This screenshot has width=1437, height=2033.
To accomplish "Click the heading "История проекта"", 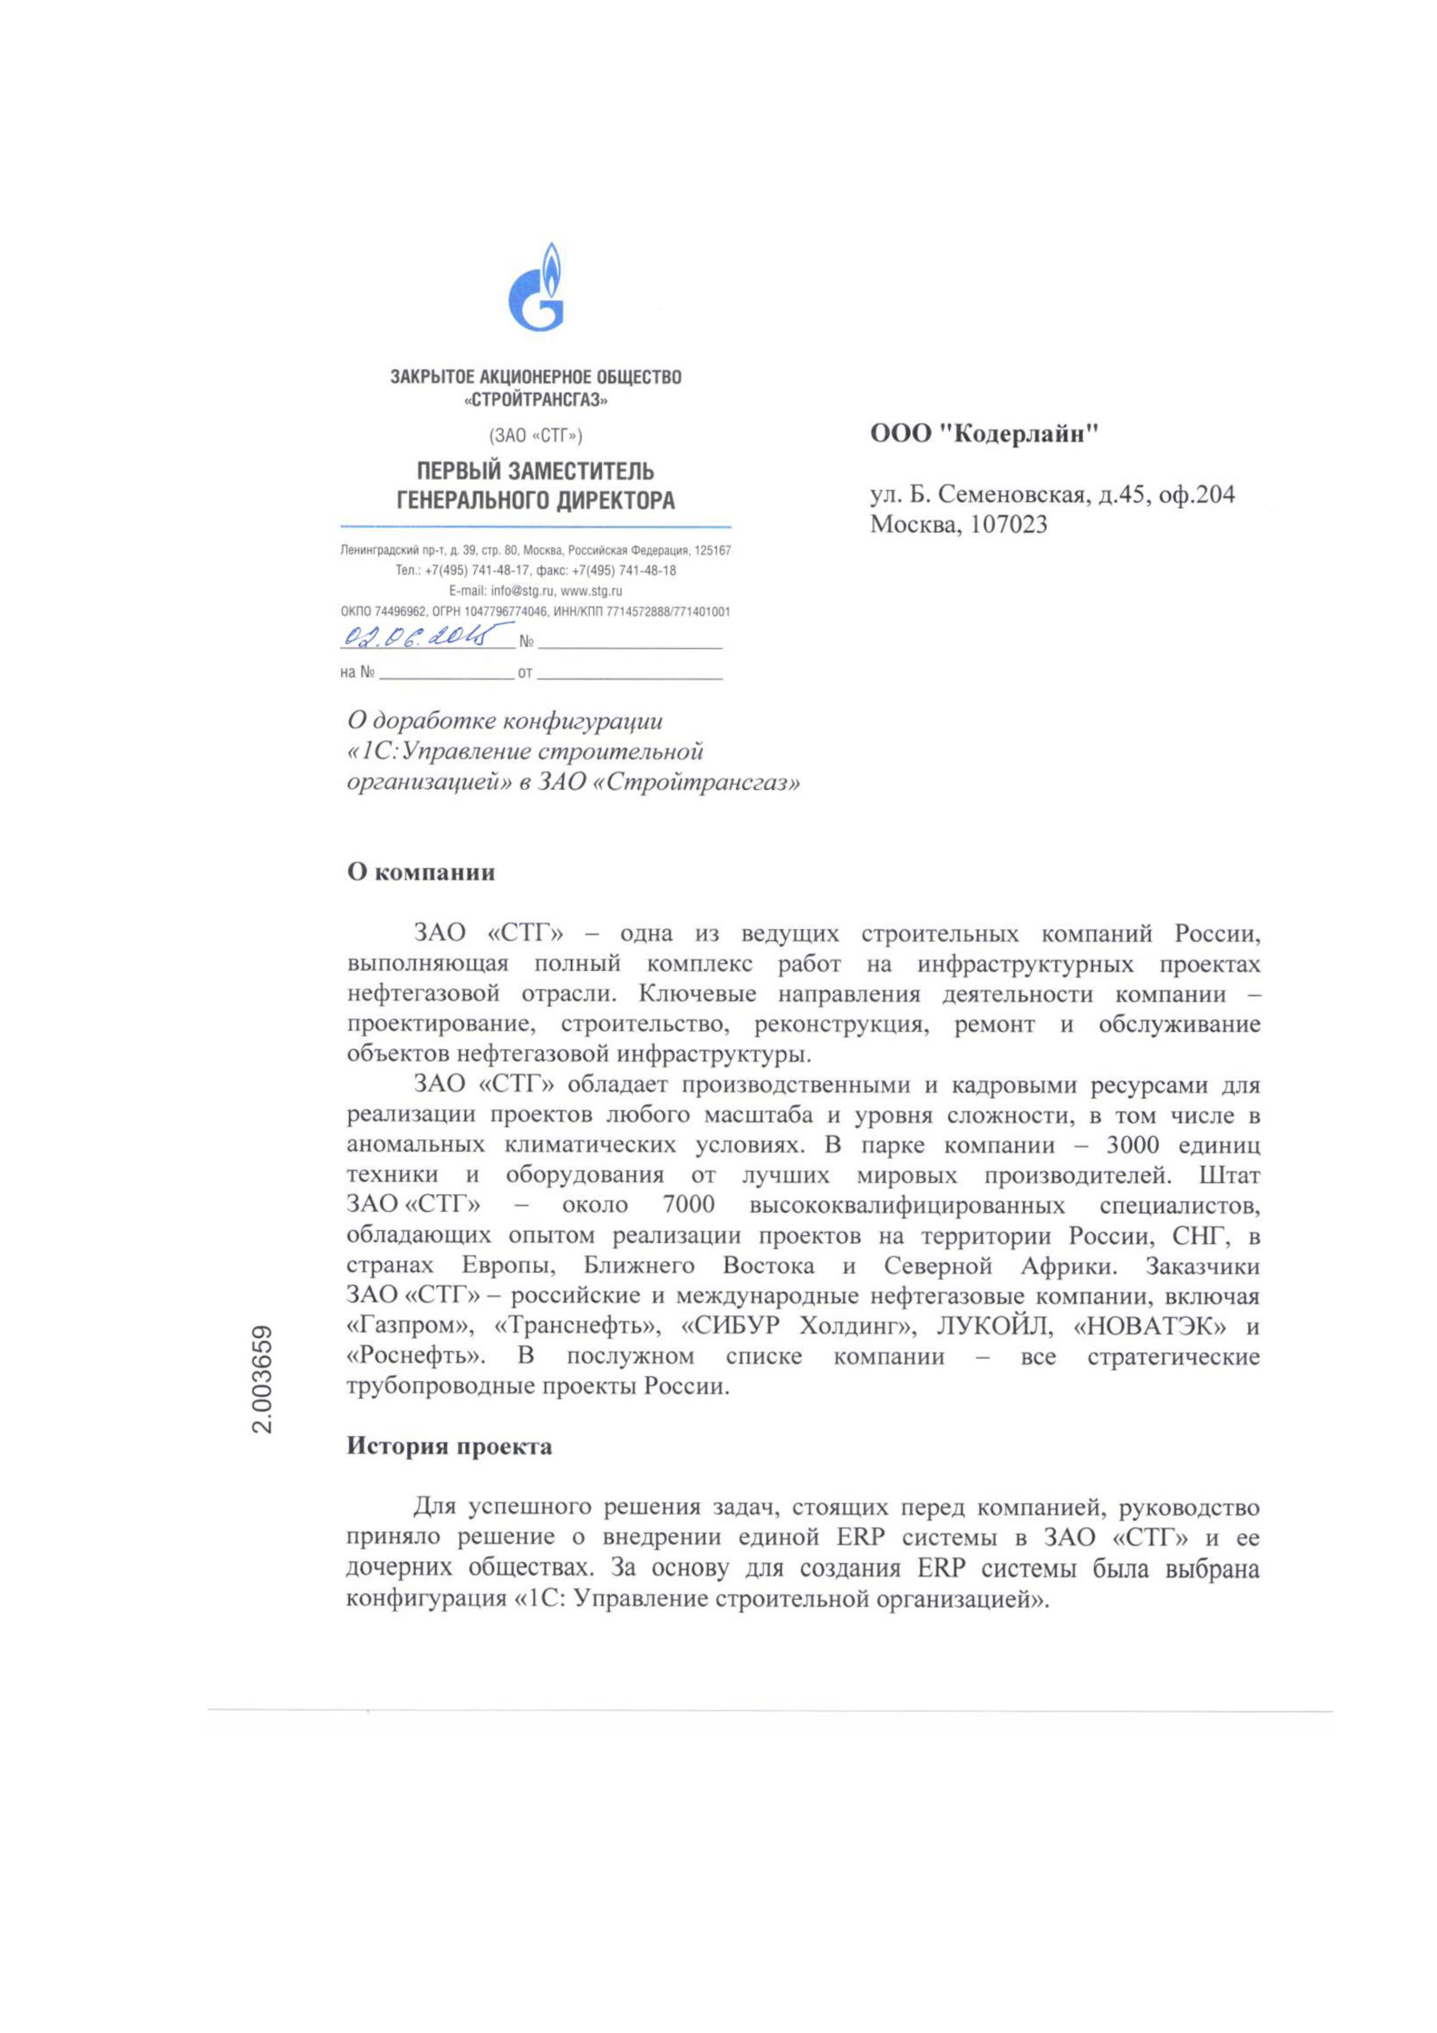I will (x=449, y=1447).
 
